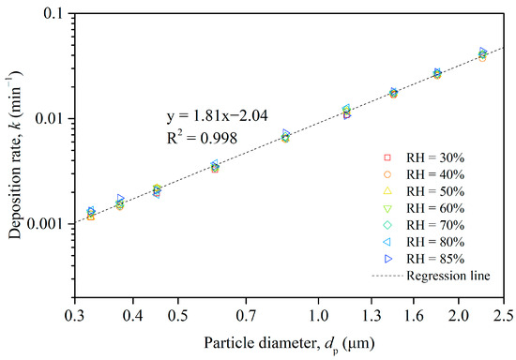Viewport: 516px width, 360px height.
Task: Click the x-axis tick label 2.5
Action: click(504, 307)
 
